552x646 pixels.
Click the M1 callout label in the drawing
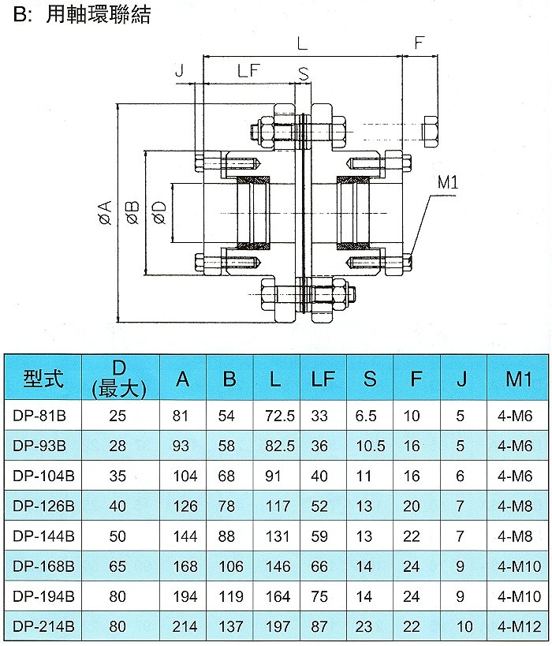coord(447,181)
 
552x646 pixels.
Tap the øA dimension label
coord(106,213)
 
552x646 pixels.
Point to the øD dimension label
coord(159,212)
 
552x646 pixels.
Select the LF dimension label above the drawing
coord(248,70)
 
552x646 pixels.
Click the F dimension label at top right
coord(419,43)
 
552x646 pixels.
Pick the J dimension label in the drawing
coord(179,70)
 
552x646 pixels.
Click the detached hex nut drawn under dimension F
coord(430,132)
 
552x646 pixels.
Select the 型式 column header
coord(43,379)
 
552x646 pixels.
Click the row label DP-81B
coord(39,416)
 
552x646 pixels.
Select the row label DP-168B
coord(43,566)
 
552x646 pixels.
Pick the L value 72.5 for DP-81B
coord(280,416)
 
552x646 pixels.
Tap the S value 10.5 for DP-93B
coord(370,446)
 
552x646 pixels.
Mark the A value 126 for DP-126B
coord(185,506)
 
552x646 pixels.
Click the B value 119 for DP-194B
coord(231,596)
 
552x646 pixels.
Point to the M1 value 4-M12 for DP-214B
coord(519,626)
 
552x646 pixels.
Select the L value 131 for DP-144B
coord(278,536)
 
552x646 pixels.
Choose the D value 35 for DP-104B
coord(117,476)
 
